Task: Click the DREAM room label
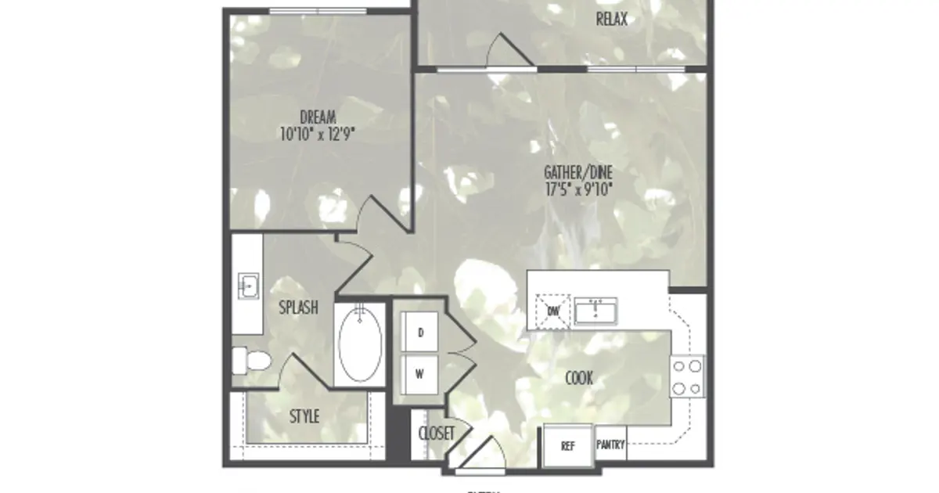[318, 118]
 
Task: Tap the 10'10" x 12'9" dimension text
[318, 134]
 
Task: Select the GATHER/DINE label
[577, 173]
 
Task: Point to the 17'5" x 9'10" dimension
[577, 189]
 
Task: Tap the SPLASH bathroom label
[298, 308]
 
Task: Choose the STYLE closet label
[304, 417]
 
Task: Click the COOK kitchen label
[579, 380]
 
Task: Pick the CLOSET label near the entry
[437, 434]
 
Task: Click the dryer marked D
[420, 333]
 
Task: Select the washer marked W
[420, 373]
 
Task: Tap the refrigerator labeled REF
[568, 446]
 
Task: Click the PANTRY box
[610, 445]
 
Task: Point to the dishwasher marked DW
[553, 311]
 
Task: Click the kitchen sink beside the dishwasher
[597, 311]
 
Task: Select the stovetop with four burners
[687, 376]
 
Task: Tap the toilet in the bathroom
[251, 361]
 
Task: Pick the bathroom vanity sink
[249, 286]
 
